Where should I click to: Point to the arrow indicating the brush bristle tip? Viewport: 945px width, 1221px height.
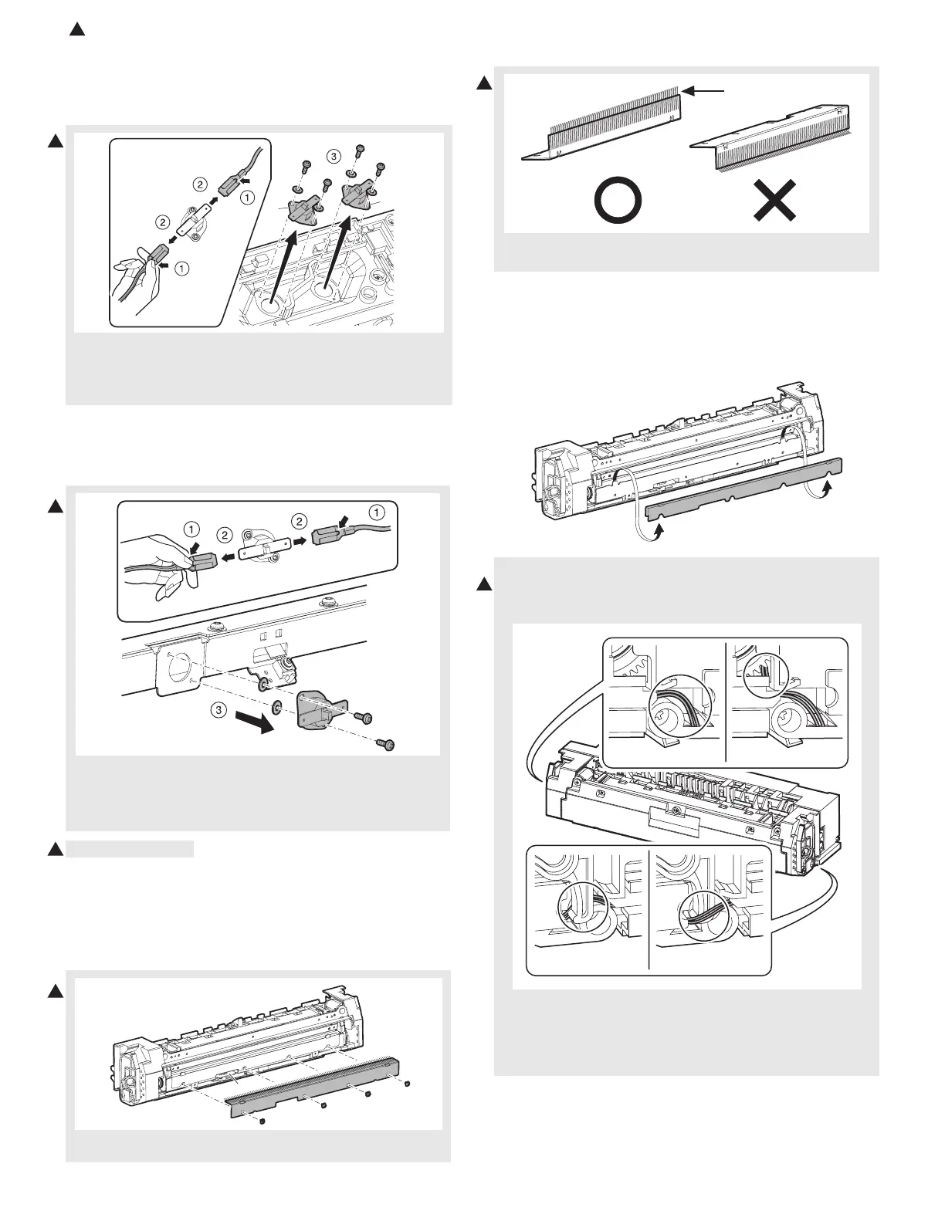[x=704, y=91]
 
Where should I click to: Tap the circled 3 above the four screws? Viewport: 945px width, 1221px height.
[x=333, y=157]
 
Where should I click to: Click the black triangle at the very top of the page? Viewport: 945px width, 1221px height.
[x=76, y=30]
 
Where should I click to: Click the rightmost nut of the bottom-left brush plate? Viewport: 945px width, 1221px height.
[x=408, y=1084]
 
